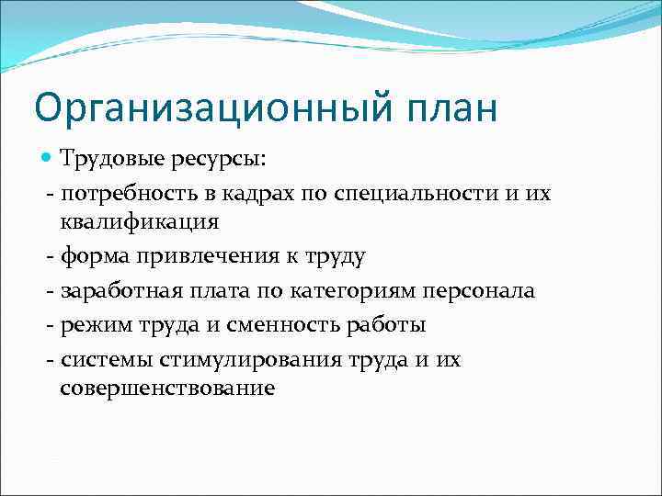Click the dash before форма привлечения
(49, 256)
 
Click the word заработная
(112, 291)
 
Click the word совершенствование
(167, 389)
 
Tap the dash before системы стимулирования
(49, 359)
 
